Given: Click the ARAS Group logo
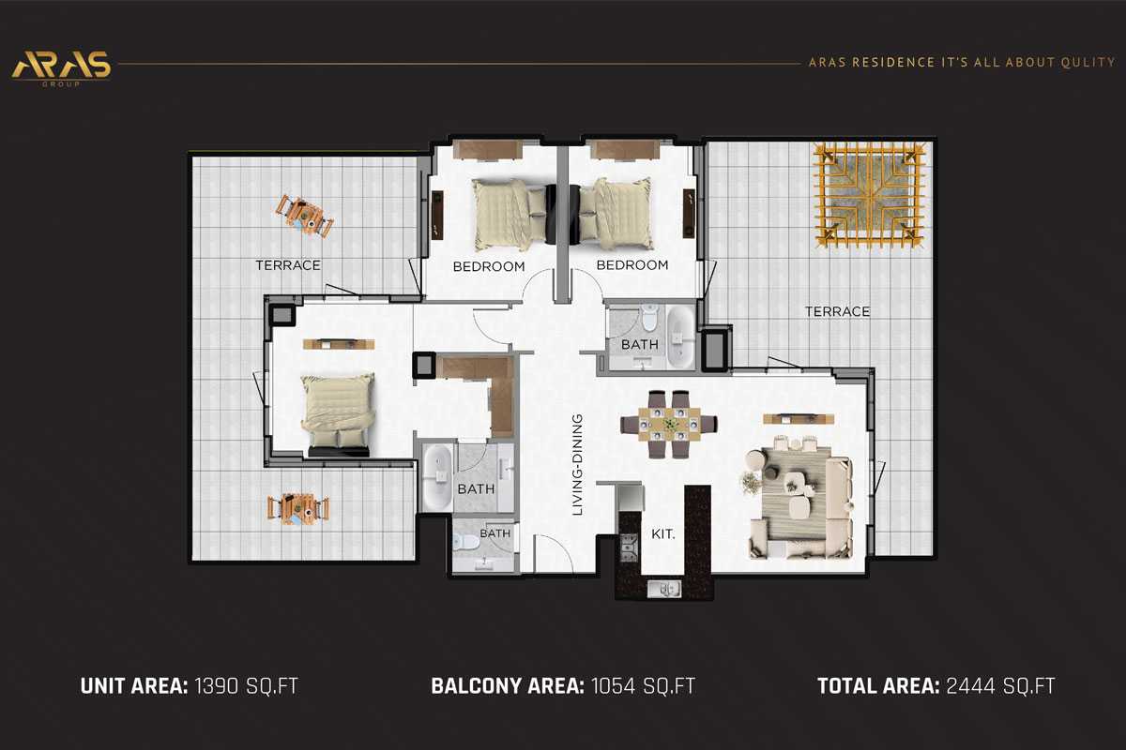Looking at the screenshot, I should [x=61, y=66].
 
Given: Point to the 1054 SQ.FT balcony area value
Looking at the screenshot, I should [x=644, y=685].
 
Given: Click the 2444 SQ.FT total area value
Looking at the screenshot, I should [x=999, y=685].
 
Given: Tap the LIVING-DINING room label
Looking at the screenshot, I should [x=580, y=465].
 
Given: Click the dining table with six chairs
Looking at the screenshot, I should [x=670, y=424].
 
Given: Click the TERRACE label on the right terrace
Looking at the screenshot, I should [x=836, y=311].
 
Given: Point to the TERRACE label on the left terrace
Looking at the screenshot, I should [x=288, y=265].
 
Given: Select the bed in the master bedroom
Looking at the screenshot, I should [x=337, y=410].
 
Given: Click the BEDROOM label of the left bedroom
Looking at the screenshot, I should [x=489, y=265].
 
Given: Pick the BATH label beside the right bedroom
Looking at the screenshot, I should [x=640, y=344].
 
